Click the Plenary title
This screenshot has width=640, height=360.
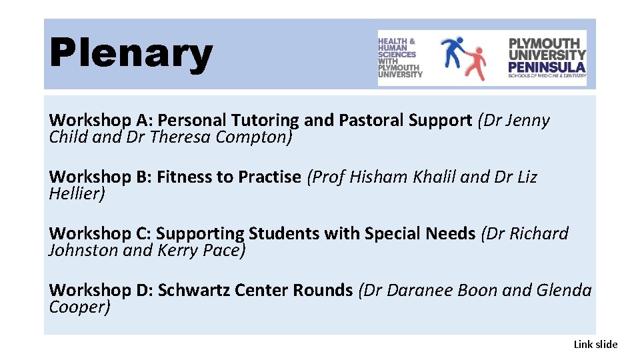coord(131,53)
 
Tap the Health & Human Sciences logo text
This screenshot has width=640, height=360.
coord(400,58)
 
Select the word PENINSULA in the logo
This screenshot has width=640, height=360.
coord(547,67)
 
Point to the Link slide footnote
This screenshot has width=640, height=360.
coord(595,344)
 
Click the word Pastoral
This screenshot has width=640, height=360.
coord(371,121)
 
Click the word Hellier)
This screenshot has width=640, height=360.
coord(77,194)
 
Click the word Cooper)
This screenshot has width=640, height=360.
coord(79,307)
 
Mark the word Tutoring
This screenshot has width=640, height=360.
coord(265,121)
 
